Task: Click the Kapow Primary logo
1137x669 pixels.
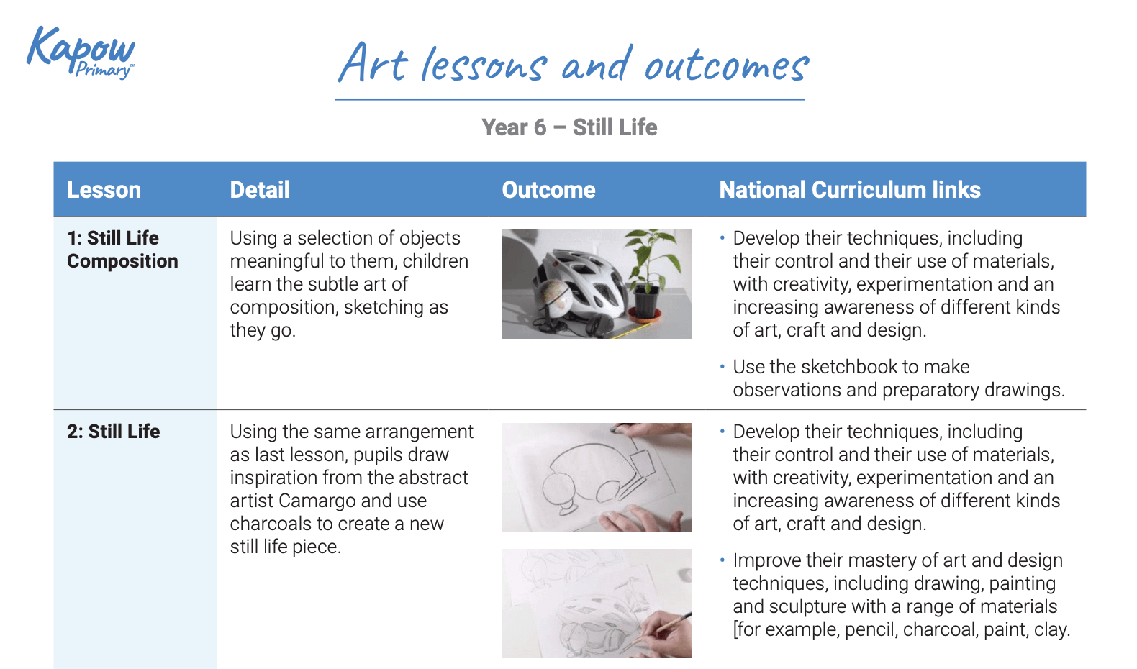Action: point(81,52)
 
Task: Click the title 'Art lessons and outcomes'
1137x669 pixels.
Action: point(573,65)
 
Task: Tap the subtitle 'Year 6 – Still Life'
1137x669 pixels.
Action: point(569,127)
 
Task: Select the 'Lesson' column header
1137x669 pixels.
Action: point(104,190)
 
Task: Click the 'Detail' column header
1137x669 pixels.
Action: point(259,190)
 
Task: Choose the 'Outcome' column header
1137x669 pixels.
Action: point(548,190)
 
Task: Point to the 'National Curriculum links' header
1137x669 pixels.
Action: point(849,190)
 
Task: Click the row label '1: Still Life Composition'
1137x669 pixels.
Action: point(122,250)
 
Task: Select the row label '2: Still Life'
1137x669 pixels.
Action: point(113,432)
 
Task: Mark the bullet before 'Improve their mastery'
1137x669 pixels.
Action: point(722,560)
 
